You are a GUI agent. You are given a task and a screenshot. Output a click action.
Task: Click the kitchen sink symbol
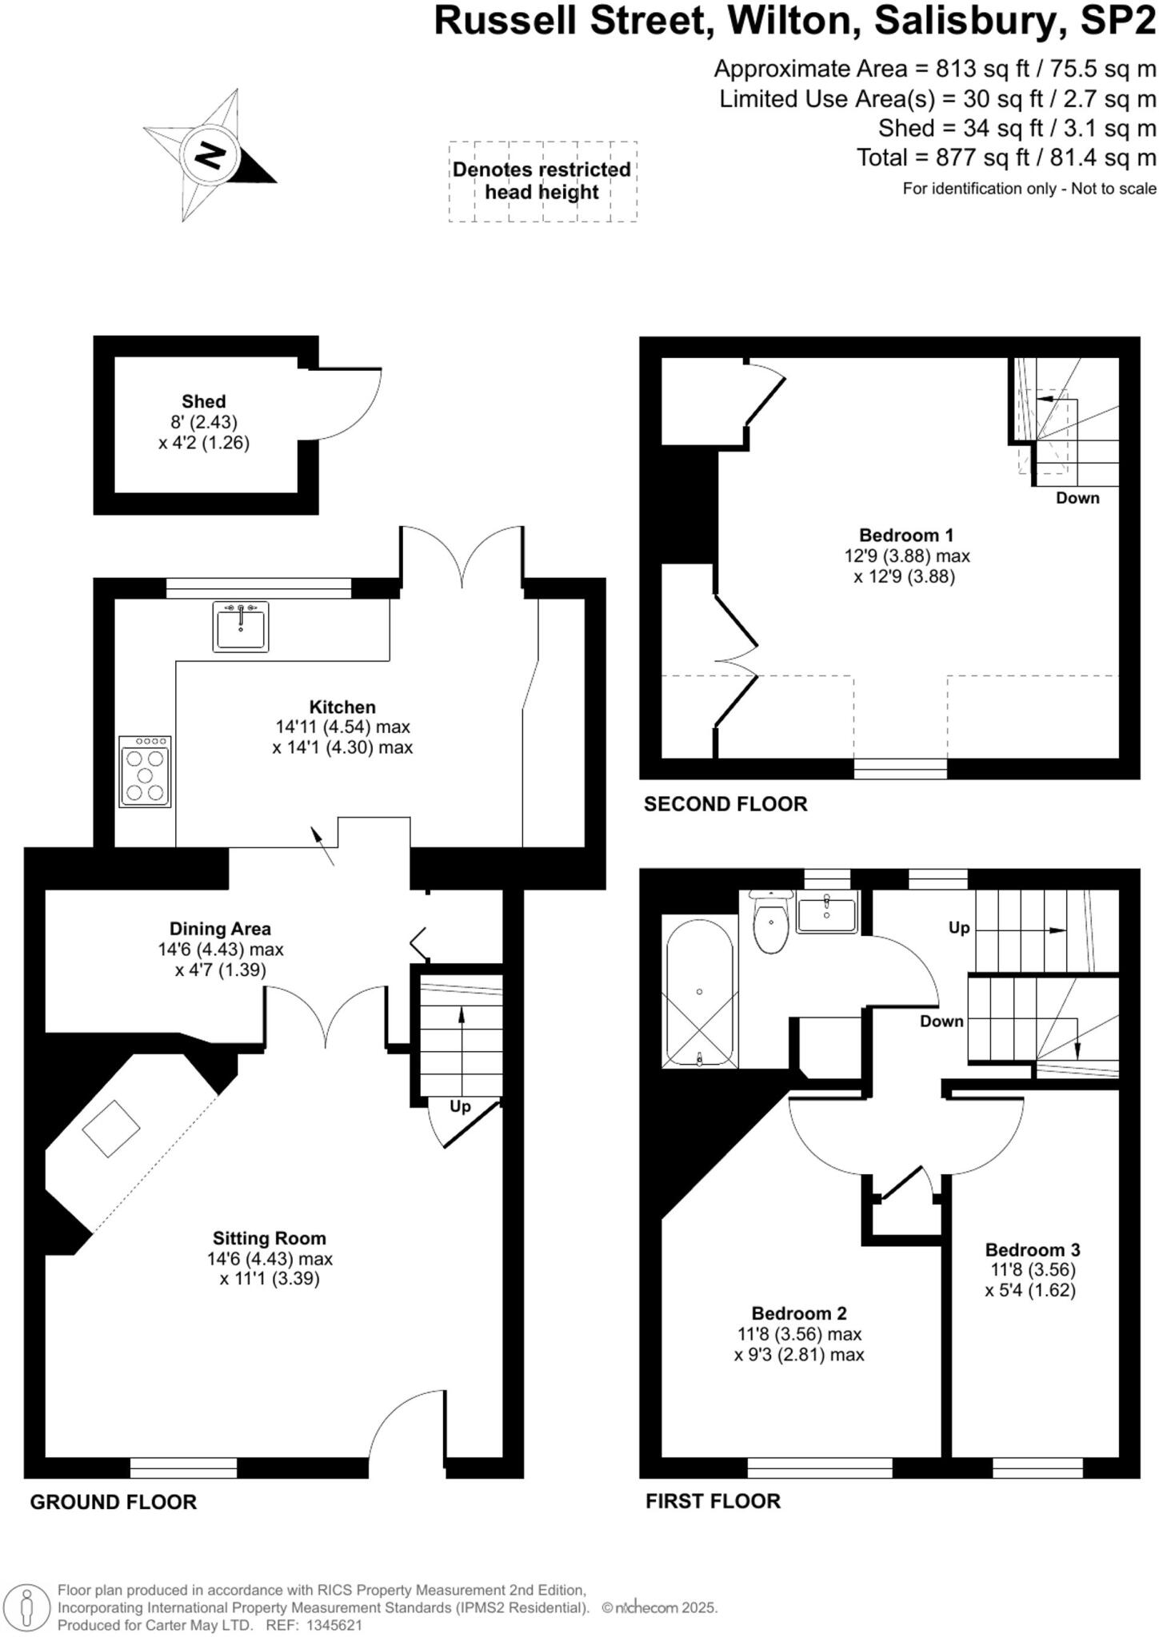(241, 627)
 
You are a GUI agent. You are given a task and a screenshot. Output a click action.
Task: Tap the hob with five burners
(145, 772)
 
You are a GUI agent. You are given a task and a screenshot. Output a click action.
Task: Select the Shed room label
(203, 401)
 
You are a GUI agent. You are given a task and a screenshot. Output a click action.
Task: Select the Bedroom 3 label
(1033, 1249)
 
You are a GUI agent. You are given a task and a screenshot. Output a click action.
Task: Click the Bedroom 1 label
(905, 535)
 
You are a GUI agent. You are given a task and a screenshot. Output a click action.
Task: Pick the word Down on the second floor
(1077, 498)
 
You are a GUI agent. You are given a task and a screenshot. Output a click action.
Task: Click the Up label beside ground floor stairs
(460, 1106)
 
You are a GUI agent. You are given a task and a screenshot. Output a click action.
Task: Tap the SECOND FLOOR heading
(725, 804)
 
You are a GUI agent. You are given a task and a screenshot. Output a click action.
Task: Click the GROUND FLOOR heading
(113, 1502)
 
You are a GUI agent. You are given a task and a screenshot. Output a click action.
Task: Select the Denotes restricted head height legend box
(542, 181)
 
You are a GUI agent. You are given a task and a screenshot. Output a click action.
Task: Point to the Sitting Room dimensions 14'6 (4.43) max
(270, 1258)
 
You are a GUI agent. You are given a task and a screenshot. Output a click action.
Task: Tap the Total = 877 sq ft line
(1005, 157)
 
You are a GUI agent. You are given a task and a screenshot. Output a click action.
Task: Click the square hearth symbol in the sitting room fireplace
(111, 1129)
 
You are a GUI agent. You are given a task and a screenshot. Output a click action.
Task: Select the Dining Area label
(220, 929)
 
